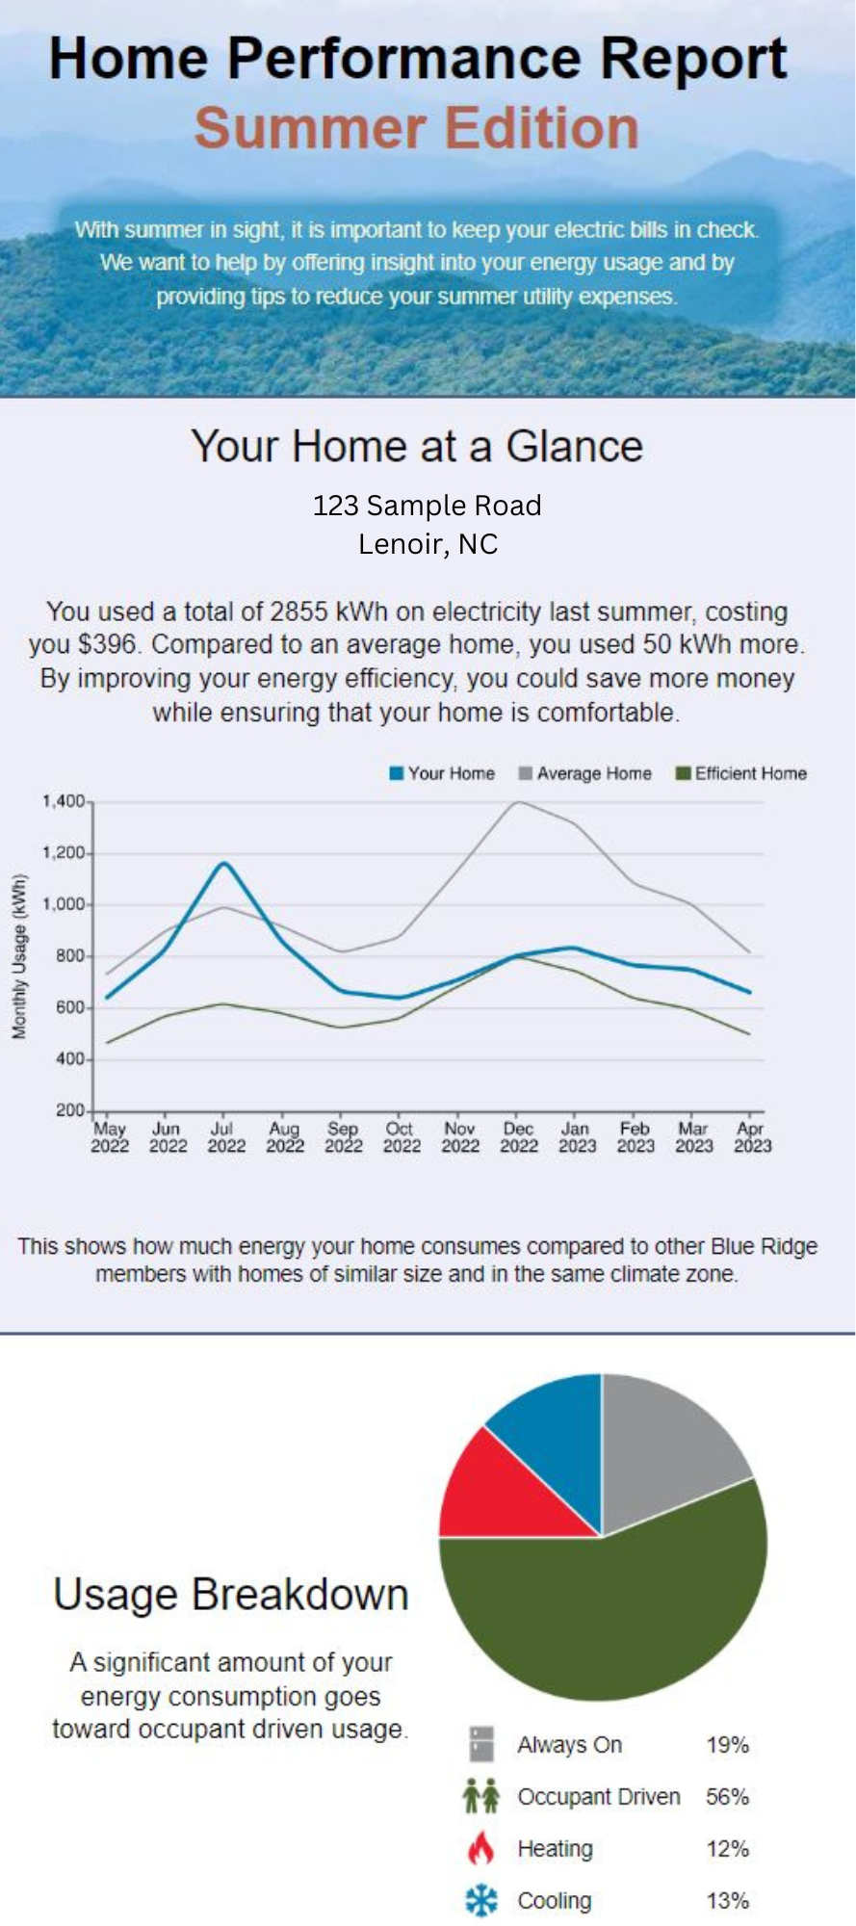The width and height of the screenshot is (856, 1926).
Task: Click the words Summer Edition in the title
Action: coord(417,128)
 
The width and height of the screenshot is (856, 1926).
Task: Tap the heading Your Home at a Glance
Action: coord(417,446)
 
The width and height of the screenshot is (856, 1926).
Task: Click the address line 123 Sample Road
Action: coord(427,505)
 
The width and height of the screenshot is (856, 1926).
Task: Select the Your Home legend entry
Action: coord(442,773)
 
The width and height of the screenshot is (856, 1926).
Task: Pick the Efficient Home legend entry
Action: coord(740,773)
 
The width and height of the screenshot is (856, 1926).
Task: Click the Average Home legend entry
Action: coord(584,773)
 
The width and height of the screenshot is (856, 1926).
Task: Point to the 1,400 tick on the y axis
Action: coord(64,801)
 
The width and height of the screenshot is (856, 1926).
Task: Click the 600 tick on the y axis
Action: coord(70,1007)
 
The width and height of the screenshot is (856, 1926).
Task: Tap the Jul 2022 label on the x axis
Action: coord(225,1136)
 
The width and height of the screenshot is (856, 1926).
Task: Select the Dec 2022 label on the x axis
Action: coord(518,1136)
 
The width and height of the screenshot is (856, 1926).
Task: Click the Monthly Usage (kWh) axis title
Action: coord(18,956)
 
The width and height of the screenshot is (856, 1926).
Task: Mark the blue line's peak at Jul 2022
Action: coord(224,863)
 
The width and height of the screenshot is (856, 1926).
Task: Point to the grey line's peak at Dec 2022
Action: coord(518,801)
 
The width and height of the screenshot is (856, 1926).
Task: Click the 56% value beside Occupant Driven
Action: coord(727,1797)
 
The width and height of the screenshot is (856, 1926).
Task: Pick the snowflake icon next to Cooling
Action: coord(481,1901)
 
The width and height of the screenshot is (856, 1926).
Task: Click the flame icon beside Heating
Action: coord(480,1849)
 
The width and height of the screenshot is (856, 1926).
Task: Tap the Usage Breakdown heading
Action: coord(231,1595)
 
